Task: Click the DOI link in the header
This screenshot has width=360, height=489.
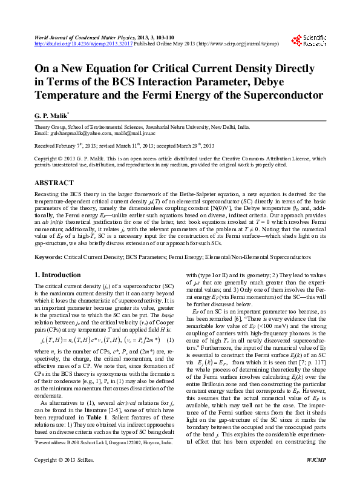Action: tap(80, 44)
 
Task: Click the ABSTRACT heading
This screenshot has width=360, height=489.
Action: tap(54, 182)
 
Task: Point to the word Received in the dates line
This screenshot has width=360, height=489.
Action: tap(47, 146)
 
